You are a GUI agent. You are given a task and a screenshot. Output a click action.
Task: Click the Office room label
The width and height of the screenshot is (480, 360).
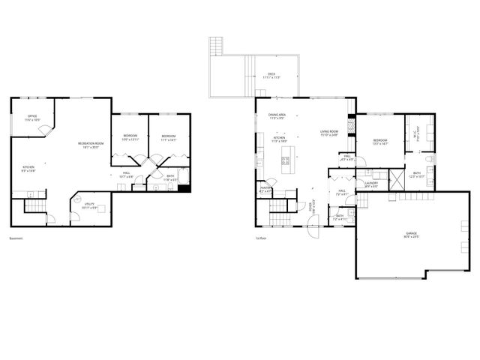point(32,118)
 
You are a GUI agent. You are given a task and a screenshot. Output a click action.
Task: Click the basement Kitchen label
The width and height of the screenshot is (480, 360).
point(28,168)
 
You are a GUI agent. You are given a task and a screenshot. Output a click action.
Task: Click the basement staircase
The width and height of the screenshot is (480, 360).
point(34,207)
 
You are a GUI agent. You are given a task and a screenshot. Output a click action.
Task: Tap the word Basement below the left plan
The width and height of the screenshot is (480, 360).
point(16,239)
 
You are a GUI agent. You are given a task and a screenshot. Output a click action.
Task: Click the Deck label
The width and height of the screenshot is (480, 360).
point(271,75)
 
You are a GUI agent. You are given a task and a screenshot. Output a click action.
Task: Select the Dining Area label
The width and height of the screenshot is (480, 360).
point(275,116)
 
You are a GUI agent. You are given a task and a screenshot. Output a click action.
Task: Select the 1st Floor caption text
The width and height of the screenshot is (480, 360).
point(262,239)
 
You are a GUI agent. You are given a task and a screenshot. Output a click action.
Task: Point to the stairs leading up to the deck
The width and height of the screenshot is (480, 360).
point(217,46)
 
